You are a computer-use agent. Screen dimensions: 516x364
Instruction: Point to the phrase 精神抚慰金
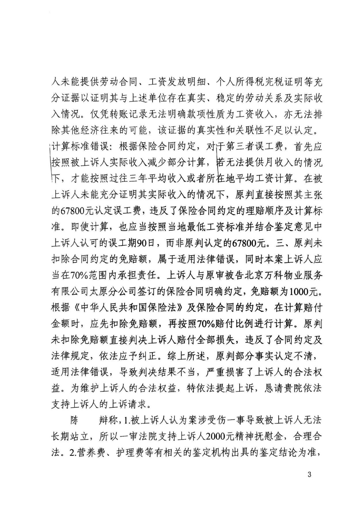click(x=264, y=437)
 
